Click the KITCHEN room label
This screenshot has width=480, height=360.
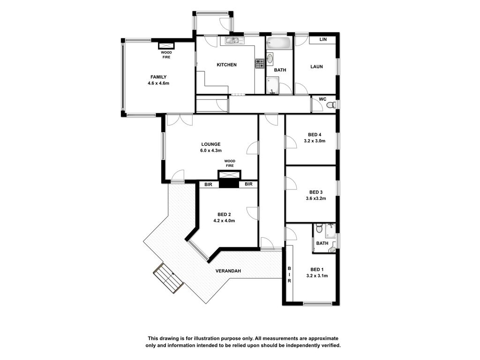tap(226, 65)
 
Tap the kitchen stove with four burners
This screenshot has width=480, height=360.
tap(260, 64)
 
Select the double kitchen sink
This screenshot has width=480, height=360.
tap(234, 40)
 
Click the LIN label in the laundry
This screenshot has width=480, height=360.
tap(323, 39)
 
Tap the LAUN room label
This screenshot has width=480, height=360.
tap(316, 67)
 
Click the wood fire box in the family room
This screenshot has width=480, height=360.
tap(166, 45)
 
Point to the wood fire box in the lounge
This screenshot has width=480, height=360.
tap(230, 174)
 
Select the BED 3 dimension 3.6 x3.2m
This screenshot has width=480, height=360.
tap(316, 198)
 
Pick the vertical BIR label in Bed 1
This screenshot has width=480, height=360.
tap(289, 274)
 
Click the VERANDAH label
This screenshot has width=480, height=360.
tap(228, 271)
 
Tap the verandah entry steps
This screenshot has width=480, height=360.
tap(169, 278)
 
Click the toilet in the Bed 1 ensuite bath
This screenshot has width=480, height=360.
tap(319, 228)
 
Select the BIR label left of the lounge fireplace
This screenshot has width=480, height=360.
tap(209, 185)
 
